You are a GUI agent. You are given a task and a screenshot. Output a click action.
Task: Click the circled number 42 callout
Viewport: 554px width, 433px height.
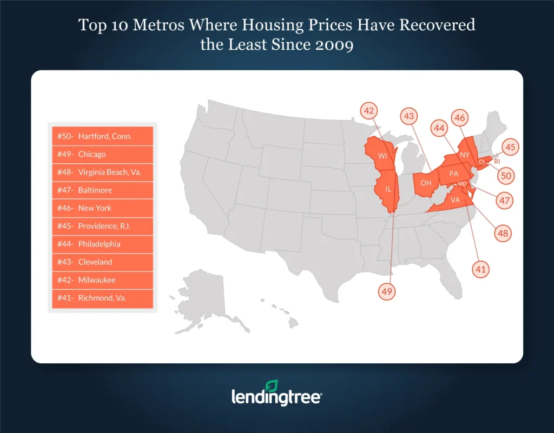pos(369,111)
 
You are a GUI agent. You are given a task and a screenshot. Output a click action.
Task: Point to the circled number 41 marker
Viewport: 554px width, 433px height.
pos(480,269)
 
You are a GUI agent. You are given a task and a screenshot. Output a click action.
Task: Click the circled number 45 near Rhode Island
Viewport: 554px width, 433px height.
pos(510,146)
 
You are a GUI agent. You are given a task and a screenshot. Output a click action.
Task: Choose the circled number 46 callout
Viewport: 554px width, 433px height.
pos(460,118)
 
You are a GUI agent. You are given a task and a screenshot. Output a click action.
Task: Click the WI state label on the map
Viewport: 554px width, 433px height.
pos(382,156)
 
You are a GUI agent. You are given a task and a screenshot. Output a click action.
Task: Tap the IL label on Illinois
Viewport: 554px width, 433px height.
pos(388,190)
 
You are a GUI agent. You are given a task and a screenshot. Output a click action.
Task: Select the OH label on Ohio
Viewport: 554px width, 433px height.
pos(426,183)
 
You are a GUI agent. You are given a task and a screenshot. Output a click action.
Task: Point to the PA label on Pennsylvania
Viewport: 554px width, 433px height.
pos(454,174)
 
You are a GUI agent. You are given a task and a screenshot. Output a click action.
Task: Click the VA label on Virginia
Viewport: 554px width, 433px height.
pos(455,199)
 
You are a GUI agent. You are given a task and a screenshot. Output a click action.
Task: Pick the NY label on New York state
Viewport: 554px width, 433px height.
pos(464,155)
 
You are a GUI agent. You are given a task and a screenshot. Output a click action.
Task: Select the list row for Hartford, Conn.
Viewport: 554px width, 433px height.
pos(103,136)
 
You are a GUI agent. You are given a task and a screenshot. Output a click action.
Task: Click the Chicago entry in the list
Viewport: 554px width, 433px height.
pos(103,154)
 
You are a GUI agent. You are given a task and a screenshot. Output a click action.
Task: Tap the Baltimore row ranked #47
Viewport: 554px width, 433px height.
pos(103,190)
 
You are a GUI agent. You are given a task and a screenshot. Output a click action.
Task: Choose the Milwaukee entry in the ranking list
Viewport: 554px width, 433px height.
pos(103,280)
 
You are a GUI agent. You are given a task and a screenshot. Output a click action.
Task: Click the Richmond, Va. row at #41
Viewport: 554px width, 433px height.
pos(103,298)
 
